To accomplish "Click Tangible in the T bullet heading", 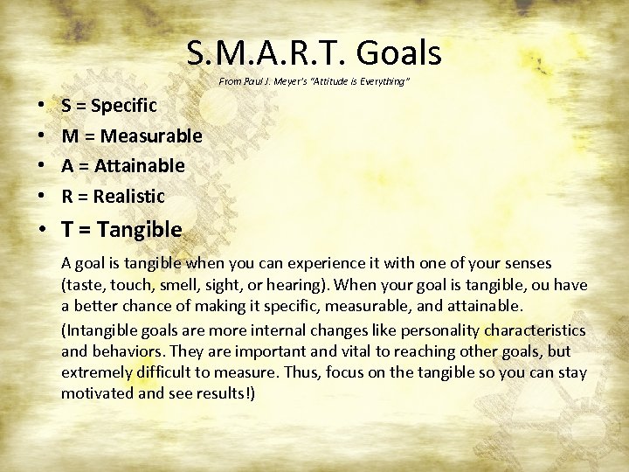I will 139,230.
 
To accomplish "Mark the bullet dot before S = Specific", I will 43,107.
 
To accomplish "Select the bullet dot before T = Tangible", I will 43,231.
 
